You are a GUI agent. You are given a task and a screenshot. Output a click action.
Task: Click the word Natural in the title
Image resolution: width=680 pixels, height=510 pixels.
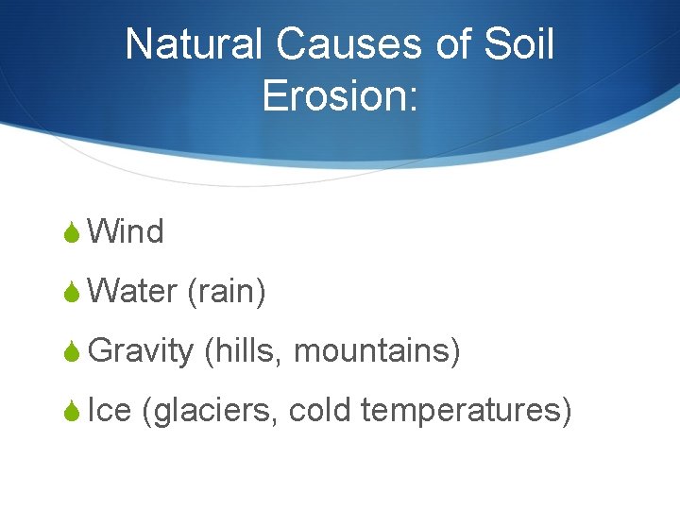[x=195, y=44]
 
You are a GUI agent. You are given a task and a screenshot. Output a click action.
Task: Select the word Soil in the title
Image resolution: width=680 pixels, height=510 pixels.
[x=518, y=44]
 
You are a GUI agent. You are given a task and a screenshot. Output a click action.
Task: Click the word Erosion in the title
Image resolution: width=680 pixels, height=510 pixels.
[x=332, y=95]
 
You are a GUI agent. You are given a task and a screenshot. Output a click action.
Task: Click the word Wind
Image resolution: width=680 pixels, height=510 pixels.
[x=126, y=231]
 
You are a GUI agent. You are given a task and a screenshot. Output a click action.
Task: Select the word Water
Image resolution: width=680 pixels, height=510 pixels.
[x=133, y=291]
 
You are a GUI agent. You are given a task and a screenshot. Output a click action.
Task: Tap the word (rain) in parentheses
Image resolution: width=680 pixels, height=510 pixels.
[x=227, y=292]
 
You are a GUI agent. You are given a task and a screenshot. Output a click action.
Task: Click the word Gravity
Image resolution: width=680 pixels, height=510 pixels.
[x=141, y=351]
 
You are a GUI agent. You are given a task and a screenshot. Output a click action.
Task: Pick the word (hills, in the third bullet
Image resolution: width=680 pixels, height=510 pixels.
[x=244, y=351]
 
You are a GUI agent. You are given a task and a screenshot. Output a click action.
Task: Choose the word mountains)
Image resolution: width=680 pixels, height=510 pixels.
[x=377, y=351]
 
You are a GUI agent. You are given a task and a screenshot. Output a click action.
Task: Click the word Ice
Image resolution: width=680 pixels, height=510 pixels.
[x=109, y=411]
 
